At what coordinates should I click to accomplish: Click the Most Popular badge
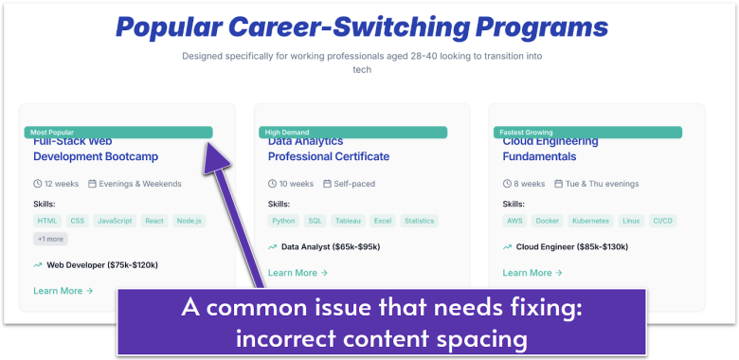(x=52, y=133)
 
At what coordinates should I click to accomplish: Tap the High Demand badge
(x=284, y=133)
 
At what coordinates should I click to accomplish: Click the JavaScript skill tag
(x=116, y=221)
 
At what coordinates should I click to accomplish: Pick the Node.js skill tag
(x=189, y=221)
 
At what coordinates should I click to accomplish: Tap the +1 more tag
(x=50, y=239)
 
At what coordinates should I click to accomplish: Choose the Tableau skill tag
(x=347, y=221)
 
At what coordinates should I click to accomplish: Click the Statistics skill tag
(x=419, y=221)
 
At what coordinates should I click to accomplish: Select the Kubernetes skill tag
(x=590, y=221)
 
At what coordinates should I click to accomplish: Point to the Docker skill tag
(x=548, y=221)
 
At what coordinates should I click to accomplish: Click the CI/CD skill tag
(x=661, y=221)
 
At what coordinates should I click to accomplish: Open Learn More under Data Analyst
(x=297, y=273)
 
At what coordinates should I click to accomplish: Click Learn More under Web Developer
(x=63, y=291)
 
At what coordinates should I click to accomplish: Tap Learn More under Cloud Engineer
(x=532, y=273)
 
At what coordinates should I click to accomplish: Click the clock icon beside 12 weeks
(x=38, y=184)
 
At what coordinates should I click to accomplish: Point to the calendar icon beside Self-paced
(x=327, y=184)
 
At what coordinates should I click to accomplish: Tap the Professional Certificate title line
(x=328, y=156)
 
